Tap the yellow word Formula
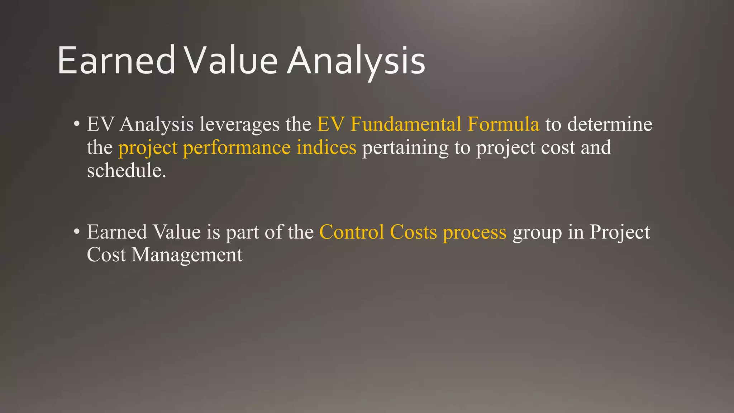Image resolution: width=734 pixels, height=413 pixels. (x=503, y=124)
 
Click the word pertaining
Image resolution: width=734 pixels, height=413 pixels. (x=405, y=148)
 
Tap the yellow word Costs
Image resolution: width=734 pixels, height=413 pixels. (x=413, y=232)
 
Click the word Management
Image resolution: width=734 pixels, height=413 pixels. (x=187, y=256)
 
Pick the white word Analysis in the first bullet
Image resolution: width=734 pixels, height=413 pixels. (x=157, y=125)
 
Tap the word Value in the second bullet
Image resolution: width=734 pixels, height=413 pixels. (x=177, y=232)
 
